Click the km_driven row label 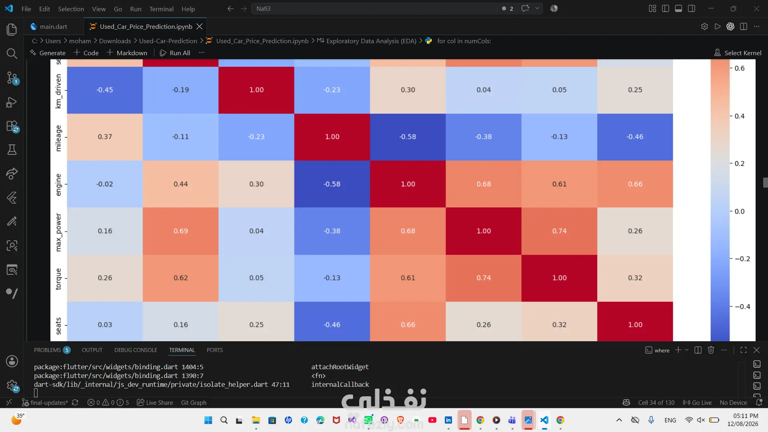pyautogui.click(x=58, y=91)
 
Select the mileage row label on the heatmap pyautogui.click(x=58, y=138)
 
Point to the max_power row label pyautogui.click(x=58, y=232)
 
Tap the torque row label pyautogui.click(x=58, y=279)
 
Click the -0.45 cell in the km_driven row pyautogui.click(x=105, y=90)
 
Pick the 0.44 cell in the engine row pyautogui.click(x=180, y=184)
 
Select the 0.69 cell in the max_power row pyautogui.click(x=180, y=231)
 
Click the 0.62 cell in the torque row pyautogui.click(x=180, y=278)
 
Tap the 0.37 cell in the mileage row pyautogui.click(x=105, y=137)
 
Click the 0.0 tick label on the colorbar pyautogui.click(x=740, y=211)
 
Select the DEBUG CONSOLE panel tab pyautogui.click(x=136, y=350)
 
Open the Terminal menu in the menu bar pyautogui.click(x=161, y=9)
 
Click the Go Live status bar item pyautogui.click(x=697, y=402)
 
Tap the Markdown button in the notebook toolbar pyautogui.click(x=127, y=53)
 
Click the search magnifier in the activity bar pyautogui.click(x=12, y=54)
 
